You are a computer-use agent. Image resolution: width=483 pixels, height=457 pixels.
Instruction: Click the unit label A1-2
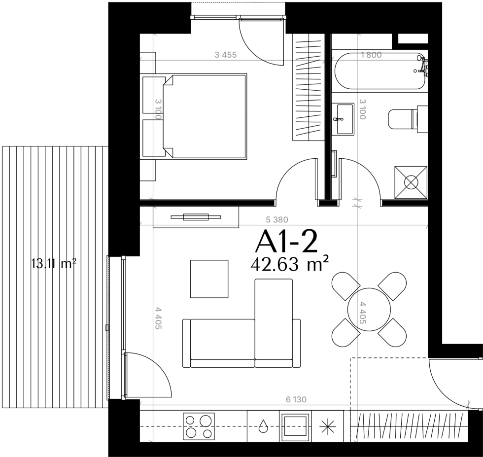[x=286, y=242]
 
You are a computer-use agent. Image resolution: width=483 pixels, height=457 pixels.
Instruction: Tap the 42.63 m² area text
[x=290, y=264]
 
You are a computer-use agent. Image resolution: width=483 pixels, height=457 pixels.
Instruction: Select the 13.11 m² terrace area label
[x=54, y=264]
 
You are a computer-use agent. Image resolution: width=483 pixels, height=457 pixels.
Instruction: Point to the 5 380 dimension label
[x=277, y=220]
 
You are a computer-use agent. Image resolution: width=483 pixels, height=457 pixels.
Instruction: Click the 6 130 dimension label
[x=296, y=399]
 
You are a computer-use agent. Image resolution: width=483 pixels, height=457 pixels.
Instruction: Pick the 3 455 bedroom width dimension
[x=226, y=55]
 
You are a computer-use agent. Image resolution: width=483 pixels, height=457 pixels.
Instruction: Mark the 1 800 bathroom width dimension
[x=371, y=55]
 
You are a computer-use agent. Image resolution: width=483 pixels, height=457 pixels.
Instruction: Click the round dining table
[x=369, y=310]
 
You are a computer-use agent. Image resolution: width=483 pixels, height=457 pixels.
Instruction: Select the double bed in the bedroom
[x=205, y=116]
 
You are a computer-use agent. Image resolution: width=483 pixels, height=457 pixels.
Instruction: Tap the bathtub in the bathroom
[x=380, y=71]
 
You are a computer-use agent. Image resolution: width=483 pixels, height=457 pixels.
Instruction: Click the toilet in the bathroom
[x=408, y=119]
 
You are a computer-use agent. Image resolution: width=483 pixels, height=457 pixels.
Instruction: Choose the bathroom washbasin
[x=344, y=119]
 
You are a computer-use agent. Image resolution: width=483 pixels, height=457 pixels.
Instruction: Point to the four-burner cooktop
[x=199, y=426]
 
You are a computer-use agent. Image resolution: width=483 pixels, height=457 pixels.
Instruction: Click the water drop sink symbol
[x=263, y=426]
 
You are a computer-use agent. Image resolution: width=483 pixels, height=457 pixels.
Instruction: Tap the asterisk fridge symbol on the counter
[x=327, y=426]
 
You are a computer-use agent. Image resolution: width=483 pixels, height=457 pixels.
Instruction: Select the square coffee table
[x=209, y=279]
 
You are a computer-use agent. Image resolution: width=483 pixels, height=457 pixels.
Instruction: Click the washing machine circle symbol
[x=411, y=182]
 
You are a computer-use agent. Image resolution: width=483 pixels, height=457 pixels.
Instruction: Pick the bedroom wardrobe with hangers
[x=309, y=87]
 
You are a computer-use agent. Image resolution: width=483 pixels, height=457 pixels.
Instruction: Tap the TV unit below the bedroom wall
[x=196, y=217]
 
